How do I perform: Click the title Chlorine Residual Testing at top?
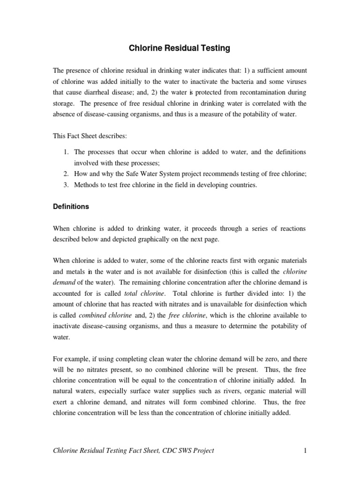click(180, 48)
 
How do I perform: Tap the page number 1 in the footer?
click(305, 451)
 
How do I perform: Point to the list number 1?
click(66, 152)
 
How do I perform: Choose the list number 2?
click(66, 174)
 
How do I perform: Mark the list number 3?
click(66, 185)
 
